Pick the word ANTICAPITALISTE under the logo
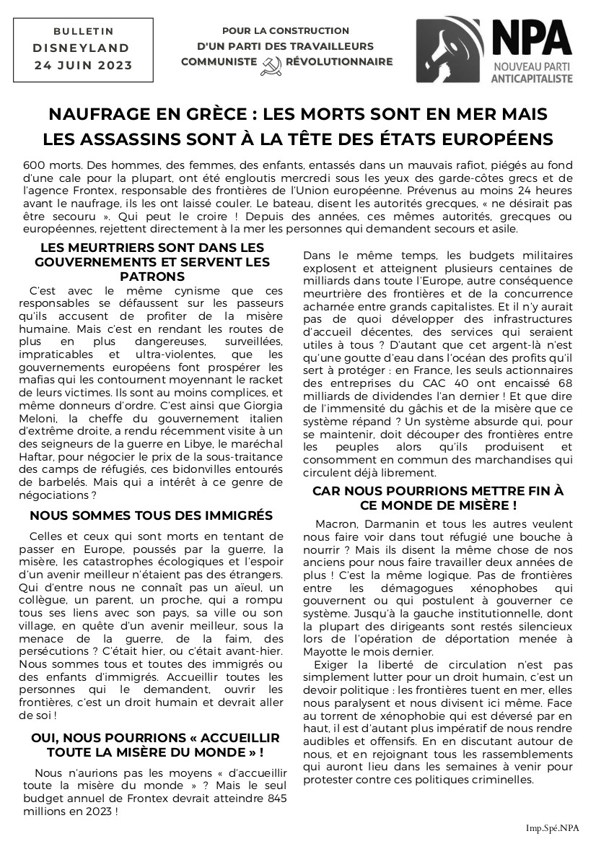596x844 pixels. click(532, 77)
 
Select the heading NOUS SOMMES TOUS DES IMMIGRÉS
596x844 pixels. click(151, 515)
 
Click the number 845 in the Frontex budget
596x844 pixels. click(271, 798)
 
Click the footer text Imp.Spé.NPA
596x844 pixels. click(552, 827)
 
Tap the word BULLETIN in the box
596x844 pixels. click(84, 32)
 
